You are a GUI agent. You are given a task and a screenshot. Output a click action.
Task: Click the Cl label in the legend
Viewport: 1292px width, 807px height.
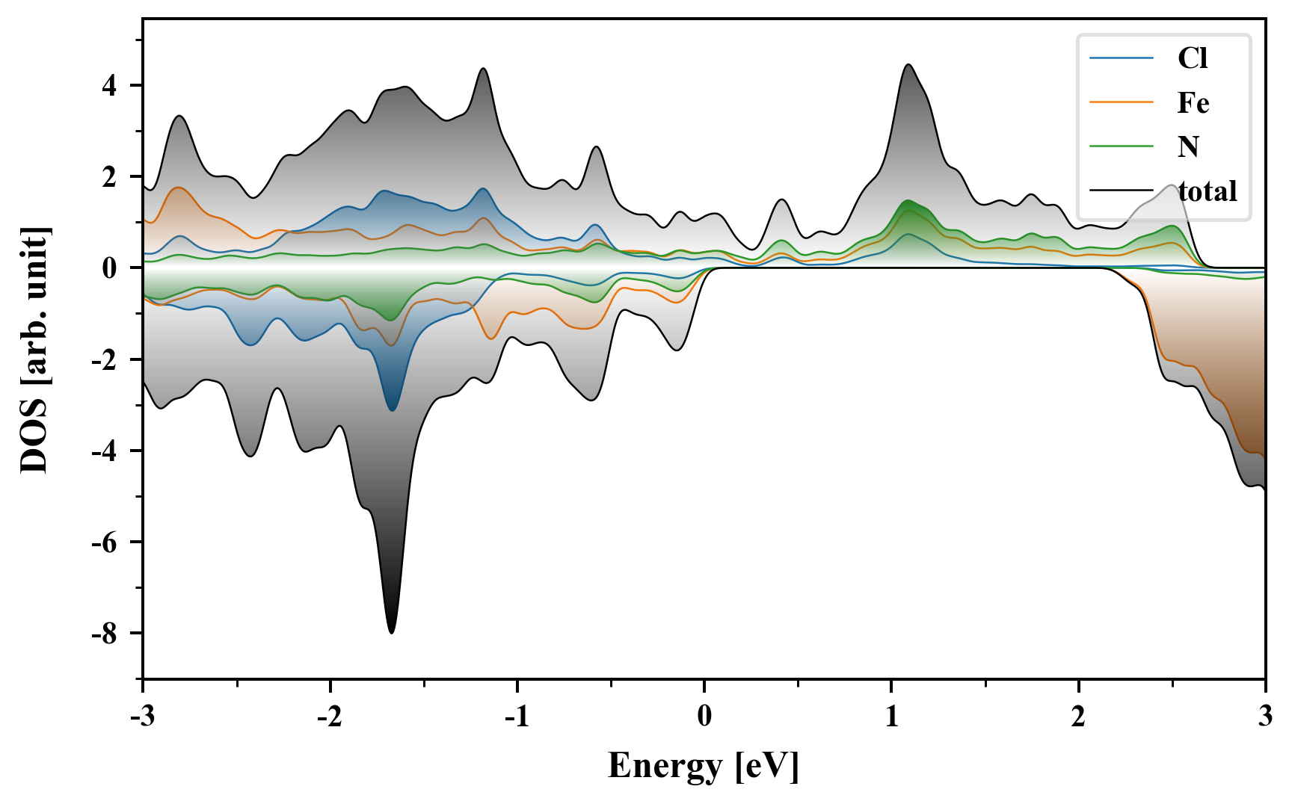click(x=1193, y=58)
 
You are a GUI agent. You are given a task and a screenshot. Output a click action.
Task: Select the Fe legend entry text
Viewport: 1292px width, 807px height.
click(x=1193, y=103)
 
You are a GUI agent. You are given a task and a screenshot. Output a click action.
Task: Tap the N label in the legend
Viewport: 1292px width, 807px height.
click(x=1188, y=146)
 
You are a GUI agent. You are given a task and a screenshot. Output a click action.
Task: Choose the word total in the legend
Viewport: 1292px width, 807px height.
click(x=1208, y=191)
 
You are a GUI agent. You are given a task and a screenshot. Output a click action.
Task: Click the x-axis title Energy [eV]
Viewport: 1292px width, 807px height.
click(x=704, y=766)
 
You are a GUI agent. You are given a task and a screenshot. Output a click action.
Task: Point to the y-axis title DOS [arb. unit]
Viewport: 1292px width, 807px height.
click(x=34, y=350)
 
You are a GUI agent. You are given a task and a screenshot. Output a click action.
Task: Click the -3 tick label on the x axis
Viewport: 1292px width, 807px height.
click(x=143, y=717)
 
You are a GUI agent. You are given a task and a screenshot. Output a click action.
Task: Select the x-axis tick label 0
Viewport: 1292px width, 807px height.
click(x=704, y=717)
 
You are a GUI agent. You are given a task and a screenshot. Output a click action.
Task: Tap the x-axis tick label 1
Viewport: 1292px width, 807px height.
click(x=891, y=717)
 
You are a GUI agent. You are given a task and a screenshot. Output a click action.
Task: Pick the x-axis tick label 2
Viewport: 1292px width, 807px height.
click(x=1078, y=717)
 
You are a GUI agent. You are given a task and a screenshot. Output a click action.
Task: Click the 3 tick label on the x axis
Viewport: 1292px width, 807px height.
click(x=1265, y=717)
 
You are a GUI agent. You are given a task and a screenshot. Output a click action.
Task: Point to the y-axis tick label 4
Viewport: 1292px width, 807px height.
click(x=111, y=86)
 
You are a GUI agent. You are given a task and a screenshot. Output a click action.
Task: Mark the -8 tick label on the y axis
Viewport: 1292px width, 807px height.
click(x=105, y=634)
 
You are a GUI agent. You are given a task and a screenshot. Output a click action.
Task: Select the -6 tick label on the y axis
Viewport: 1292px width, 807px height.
click(x=105, y=542)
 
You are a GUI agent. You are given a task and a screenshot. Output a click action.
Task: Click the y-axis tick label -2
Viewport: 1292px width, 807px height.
click(x=105, y=360)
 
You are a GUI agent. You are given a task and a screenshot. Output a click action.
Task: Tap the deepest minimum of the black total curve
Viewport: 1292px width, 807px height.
click(x=391, y=633)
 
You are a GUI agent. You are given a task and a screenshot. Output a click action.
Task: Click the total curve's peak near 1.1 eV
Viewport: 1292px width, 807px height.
click(x=908, y=65)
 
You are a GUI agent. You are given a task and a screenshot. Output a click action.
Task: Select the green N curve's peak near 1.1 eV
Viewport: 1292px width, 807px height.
click(x=908, y=201)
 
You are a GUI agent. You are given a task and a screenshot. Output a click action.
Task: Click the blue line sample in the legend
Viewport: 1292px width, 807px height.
click(x=1122, y=58)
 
